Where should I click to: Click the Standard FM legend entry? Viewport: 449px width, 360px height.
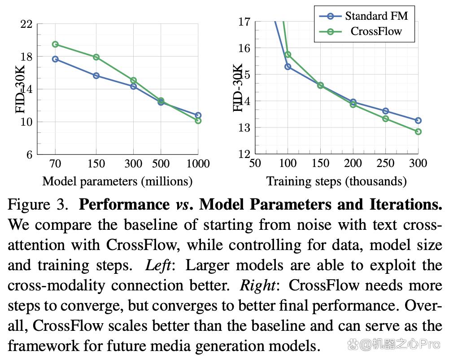pyautogui.click(x=364, y=16)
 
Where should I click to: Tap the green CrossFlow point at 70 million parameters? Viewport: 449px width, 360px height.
pyautogui.click(x=55, y=44)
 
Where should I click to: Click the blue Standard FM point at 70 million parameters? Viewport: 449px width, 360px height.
pyautogui.click(x=55, y=59)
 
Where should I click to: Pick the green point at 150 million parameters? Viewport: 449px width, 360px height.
pyautogui.click(x=96, y=57)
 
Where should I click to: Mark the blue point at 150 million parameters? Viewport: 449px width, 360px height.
pyautogui.click(x=96, y=76)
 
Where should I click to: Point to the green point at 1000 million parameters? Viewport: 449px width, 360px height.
pyautogui.click(x=198, y=121)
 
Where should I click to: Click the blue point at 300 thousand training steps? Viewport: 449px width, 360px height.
pyautogui.click(x=418, y=121)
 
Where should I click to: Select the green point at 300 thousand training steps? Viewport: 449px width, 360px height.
pyautogui.click(x=418, y=132)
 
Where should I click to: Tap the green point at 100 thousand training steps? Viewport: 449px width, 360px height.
pyautogui.click(x=288, y=54)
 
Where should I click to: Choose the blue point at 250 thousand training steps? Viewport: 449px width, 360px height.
pyautogui.click(x=385, y=111)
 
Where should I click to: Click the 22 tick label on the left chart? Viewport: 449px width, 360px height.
pyautogui.click(x=26, y=24)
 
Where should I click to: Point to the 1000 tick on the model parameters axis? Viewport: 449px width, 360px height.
pyautogui.click(x=198, y=164)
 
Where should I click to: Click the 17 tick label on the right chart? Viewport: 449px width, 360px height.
pyautogui.click(x=245, y=22)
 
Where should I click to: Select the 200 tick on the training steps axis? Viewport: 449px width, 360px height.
pyautogui.click(x=353, y=163)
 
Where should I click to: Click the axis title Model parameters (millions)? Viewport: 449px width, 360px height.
pyautogui.click(x=118, y=182)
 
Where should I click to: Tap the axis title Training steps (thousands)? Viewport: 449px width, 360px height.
pyautogui.click(x=336, y=182)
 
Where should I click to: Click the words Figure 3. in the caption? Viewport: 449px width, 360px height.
pyautogui.click(x=38, y=205)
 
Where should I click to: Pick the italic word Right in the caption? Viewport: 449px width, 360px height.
pyautogui.click(x=258, y=286)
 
